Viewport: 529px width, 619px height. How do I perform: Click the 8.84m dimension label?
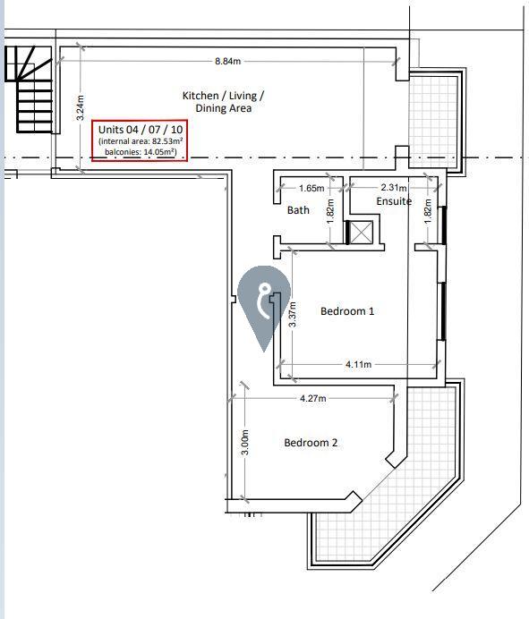(228, 61)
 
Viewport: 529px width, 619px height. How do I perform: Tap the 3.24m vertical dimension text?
(80, 107)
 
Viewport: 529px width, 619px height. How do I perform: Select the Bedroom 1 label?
(347, 311)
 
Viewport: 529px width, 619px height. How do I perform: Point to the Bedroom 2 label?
(311, 443)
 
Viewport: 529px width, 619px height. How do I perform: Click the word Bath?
(298, 210)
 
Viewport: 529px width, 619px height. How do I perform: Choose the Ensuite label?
(394, 201)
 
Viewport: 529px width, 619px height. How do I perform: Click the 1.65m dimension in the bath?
(311, 189)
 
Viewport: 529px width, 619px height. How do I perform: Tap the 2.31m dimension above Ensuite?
(394, 187)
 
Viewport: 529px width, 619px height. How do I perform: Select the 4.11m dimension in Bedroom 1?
(359, 364)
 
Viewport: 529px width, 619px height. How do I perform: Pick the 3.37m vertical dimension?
(293, 315)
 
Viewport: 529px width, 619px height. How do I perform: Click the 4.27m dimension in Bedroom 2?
(313, 398)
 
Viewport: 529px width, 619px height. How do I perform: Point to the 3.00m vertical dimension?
(245, 442)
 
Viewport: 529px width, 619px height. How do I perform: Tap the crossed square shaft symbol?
(362, 233)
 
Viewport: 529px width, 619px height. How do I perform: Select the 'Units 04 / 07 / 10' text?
(141, 130)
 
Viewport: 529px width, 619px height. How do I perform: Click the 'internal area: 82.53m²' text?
(141, 141)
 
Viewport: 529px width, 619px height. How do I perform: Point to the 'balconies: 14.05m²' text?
(141, 151)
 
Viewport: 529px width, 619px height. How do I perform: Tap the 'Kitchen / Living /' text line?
(223, 96)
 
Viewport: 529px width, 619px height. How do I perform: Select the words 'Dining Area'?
(224, 108)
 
